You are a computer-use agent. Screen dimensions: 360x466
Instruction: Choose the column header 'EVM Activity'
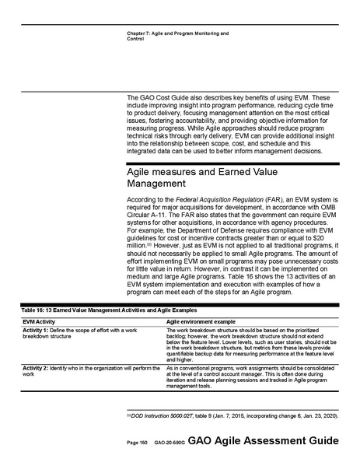(39, 321)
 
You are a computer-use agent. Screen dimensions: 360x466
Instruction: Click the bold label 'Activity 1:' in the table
(38, 331)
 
